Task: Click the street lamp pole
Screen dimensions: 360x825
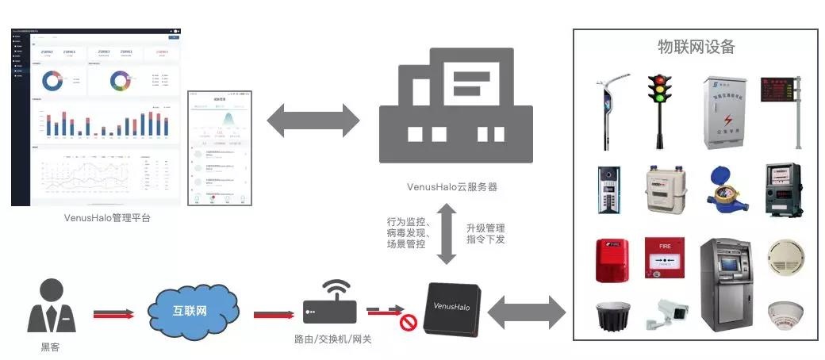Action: (610, 111)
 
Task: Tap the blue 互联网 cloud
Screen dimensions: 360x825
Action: (191, 308)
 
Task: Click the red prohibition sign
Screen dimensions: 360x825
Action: (409, 323)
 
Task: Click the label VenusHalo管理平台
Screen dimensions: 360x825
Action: (108, 217)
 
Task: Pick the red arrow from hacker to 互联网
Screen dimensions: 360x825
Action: (112, 314)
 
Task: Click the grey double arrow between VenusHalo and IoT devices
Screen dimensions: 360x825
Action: (527, 312)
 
